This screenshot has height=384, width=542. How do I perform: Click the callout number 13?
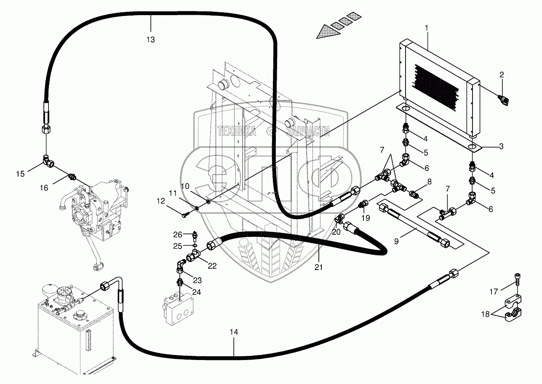click(151, 40)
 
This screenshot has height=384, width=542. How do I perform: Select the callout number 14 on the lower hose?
click(234, 332)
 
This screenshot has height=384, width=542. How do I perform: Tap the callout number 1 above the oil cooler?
click(427, 28)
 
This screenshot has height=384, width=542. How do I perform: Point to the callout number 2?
click(502, 75)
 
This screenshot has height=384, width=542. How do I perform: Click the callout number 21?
click(318, 267)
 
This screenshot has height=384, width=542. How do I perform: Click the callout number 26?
click(177, 234)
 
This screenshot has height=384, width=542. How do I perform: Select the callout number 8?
click(429, 182)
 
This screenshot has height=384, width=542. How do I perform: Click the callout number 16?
click(44, 188)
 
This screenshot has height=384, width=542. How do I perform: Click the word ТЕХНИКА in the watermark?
click(237, 131)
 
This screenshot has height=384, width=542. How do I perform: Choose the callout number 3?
click(501, 146)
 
